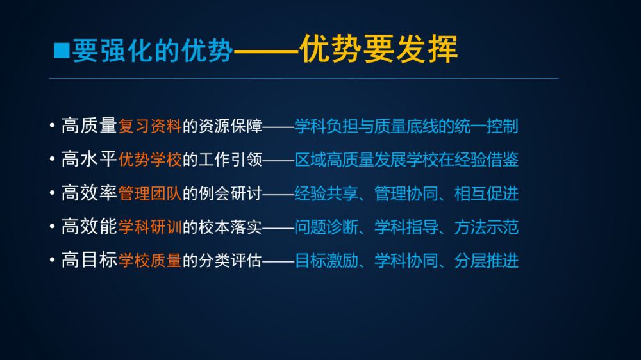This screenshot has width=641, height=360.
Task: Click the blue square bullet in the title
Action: pyautogui.click(x=62, y=50)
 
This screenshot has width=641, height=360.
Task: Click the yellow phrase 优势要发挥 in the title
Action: pyautogui.click(x=379, y=49)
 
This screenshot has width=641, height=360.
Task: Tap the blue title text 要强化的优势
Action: pyautogui.click(x=153, y=51)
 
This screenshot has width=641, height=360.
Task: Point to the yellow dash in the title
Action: pyautogui.click(x=266, y=51)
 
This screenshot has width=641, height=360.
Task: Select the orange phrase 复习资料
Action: pyautogui.click(x=150, y=126)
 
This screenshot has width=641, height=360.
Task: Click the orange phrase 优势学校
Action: pyautogui.click(x=150, y=160)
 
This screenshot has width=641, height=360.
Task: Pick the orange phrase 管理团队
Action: pyautogui.click(x=150, y=193)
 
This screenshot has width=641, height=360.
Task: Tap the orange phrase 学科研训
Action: pyautogui.click(x=150, y=227)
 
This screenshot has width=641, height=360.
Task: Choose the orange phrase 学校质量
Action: pyautogui.click(x=150, y=260)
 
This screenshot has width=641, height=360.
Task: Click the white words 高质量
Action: pyautogui.click(x=90, y=126)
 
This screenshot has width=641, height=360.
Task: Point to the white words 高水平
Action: pyautogui.click(x=90, y=160)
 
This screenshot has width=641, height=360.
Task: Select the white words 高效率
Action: pyautogui.click(x=90, y=193)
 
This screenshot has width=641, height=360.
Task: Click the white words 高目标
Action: pyautogui.click(x=90, y=260)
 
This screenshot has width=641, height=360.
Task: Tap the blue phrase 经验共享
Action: pyautogui.click(x=326, y=193)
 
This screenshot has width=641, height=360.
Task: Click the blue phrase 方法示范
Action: pyautogui.click(x=487, y=227)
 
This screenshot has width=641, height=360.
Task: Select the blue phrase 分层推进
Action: pyautogui.click(x=487, y=260)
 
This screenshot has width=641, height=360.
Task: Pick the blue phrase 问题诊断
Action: pyautogui.click(x=326, y=227)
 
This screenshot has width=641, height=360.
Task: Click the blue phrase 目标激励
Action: pyautogui.click(x=326, y=260)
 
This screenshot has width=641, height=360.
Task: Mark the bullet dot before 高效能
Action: pyautogui.click(x=52, y=226)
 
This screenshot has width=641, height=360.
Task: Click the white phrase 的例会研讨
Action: pyautogui.click(x=222, y=193)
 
